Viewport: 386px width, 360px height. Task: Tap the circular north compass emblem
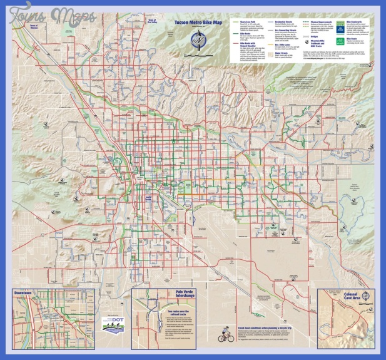click(x=200, y=39)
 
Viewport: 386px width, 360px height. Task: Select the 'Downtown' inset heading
click(x=26, y=292)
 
